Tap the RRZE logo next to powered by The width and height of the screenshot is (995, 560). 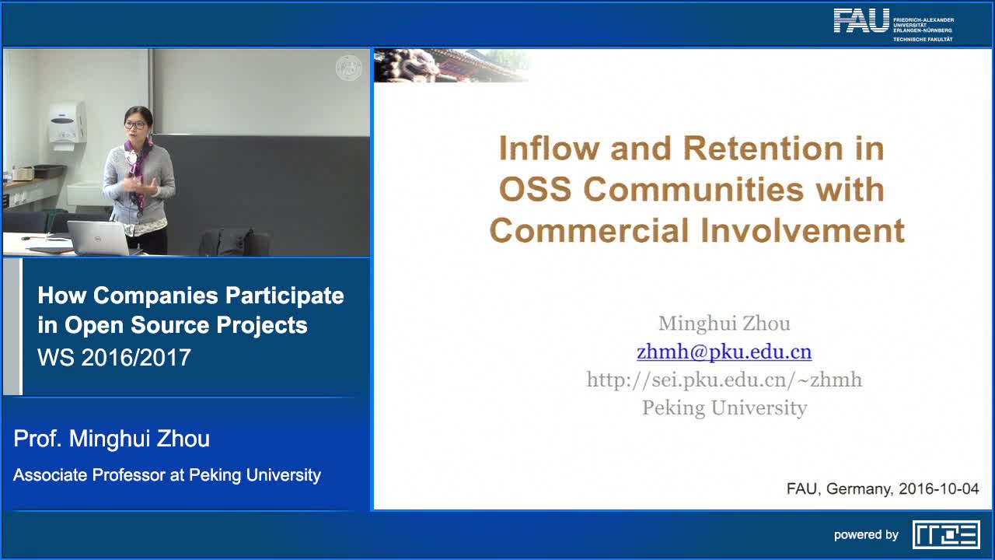click(946, 534)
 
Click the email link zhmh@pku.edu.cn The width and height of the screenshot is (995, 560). click(724, 352)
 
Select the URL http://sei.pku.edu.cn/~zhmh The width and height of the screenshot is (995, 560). click(724, 380)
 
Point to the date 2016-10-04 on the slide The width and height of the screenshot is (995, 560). click(938, 489)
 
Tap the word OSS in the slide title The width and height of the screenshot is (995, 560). click(536, 189)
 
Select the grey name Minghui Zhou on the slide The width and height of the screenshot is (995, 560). click(724, 323)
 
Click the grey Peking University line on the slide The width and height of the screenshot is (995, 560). click(724, 408)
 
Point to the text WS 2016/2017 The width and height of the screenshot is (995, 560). click(114, 357)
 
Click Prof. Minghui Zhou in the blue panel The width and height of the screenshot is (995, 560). click(111, 439)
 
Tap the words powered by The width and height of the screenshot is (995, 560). click(866, 534)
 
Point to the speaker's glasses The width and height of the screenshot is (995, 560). click(135, 125)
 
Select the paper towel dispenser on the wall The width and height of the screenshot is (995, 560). click(68, 123)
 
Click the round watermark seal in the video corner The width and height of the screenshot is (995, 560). click(349, 68)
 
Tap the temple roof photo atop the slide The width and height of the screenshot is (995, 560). click(451, 65)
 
